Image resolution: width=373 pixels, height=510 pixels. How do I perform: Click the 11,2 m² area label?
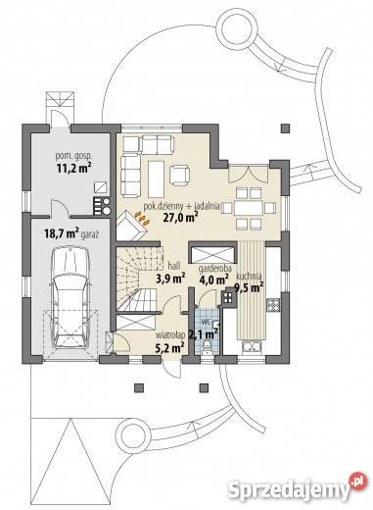point(73,168)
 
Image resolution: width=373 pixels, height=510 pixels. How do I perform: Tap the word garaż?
point(91,234)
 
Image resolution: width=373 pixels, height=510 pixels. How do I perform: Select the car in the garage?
point(70,297)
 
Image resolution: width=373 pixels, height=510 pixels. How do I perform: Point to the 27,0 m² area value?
point(180,218)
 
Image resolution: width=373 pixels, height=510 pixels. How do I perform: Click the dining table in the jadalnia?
point(249,208)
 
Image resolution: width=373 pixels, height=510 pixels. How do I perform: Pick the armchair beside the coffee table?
point(179,175)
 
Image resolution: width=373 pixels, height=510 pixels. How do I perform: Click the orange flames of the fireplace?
point(143,218)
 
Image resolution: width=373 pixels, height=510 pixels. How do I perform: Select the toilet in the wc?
point(207,347)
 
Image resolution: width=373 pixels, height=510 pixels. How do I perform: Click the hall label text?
point(173,266)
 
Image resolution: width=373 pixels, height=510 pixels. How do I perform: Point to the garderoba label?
point(214,269)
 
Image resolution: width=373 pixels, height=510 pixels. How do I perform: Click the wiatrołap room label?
point(170,334)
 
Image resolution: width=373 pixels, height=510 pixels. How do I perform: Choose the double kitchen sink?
point(251,347)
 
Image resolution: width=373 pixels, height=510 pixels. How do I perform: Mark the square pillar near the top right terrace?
point(285,128)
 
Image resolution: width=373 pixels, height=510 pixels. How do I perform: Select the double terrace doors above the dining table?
point(249,175)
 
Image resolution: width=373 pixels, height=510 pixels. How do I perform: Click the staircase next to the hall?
point(140,279)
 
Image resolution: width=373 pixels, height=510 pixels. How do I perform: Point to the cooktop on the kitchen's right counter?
point(273,304)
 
